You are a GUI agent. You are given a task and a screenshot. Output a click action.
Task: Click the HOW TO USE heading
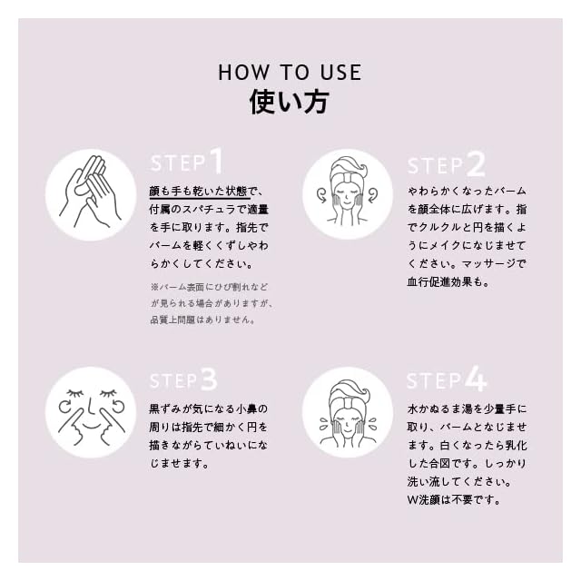point(290,73)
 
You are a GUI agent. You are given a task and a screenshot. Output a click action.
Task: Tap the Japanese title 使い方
point(290,102)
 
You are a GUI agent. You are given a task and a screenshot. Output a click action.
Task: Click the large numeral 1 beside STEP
point(217,161)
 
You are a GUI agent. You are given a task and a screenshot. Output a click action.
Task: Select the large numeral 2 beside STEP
point(476,163)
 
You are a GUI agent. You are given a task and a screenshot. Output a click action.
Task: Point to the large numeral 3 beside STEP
point(209,379)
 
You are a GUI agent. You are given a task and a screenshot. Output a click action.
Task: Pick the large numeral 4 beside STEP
point(476,379)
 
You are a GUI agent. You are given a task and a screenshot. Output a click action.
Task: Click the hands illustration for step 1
point(91,194)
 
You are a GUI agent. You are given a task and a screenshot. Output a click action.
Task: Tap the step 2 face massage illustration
point(348,194)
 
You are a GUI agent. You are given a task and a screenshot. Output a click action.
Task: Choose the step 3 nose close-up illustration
point(91,412)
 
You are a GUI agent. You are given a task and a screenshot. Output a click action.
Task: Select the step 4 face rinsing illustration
point(348,411)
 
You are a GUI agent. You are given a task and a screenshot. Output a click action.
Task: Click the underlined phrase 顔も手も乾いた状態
point(198,192)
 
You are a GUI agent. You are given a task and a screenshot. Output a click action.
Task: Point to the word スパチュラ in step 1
point(209,210)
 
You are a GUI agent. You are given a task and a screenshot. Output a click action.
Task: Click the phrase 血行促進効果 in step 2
point(439,282)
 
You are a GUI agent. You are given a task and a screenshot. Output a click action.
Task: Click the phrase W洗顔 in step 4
point(424,500)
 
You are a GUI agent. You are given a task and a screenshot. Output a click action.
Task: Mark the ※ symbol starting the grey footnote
point(154,287)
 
